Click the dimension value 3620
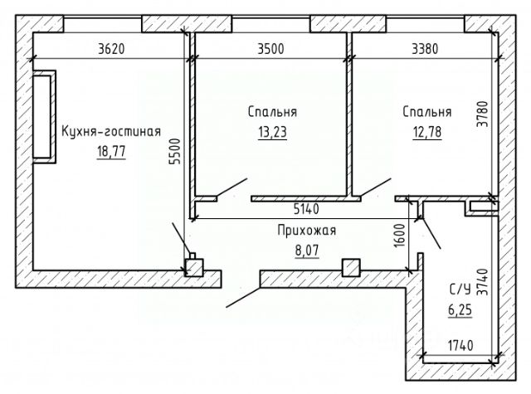(111, 49)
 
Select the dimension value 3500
(271, 49)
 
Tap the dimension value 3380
(425, 49)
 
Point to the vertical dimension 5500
(175, 151)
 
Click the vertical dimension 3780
(483, 114)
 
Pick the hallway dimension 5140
(306, 209)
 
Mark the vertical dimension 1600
(400, 236)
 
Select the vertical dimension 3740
(483, 282)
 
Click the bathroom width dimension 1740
(460, 346)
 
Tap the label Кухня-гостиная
(111, 131)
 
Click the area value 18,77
(111, 151)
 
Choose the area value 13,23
(272, 132)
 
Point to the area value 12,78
(427, 132)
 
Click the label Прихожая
(307, 231)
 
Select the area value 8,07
(307, 251)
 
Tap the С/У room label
(460, 289)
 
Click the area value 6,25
(460, 310)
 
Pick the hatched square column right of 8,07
(351, 268)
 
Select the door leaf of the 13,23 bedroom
(232, 187)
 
